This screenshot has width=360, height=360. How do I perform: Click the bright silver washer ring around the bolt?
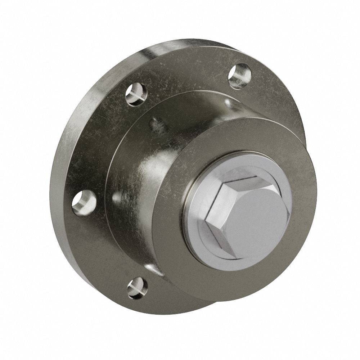pyautogui.click(x=196, y=230)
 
